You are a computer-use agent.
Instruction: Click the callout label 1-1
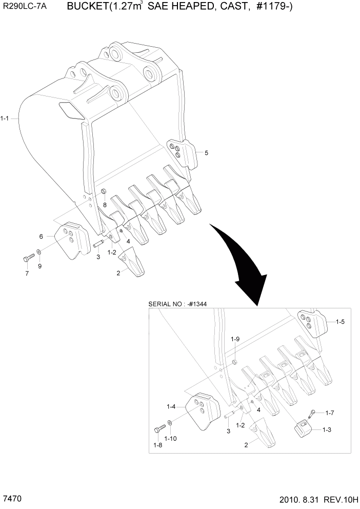(5, 119)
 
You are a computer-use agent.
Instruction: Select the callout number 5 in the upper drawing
(206, 152)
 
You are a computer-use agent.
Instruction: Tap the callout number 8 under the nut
(105, 205)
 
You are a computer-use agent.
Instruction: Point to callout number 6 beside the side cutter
(42, 236)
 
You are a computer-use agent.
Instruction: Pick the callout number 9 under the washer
(39, 266)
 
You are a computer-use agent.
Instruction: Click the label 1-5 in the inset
(340, 322)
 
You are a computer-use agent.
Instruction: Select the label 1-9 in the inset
(235, 339)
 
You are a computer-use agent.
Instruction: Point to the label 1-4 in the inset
(171, 406)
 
